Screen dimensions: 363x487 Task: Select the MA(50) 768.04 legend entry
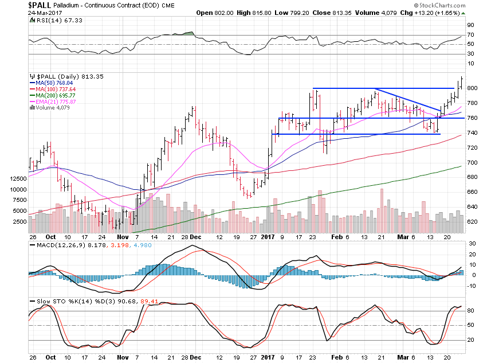52,83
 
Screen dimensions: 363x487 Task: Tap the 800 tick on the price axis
472,88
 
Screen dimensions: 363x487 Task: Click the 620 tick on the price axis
472,221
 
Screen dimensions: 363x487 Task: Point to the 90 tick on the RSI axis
470,25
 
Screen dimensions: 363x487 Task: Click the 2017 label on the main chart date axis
268,236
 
